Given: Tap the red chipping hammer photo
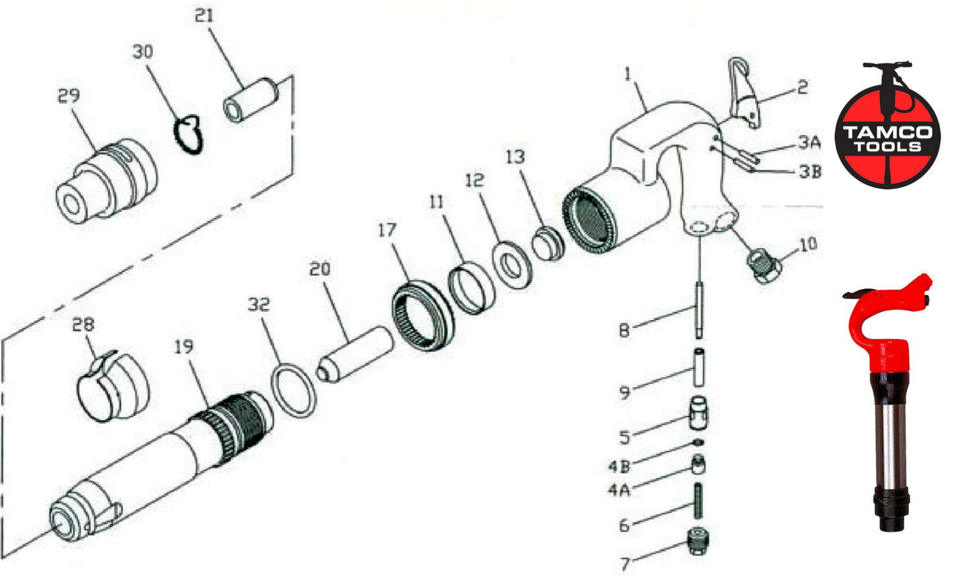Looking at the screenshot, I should click(888, 396).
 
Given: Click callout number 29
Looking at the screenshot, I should click(68, 96).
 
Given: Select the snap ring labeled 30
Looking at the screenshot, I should click(189, 135).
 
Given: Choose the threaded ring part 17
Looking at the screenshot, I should click(423, 315).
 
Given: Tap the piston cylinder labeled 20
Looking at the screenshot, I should click(356, 353).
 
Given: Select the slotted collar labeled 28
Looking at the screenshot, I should click(111, 387).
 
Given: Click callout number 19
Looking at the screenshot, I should click(184, 346).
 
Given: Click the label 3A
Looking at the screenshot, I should click(809, 142).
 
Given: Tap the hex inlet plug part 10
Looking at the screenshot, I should click(765, 265).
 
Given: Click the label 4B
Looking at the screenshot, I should click(619, 467).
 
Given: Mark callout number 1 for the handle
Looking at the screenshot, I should click(627, 74).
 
